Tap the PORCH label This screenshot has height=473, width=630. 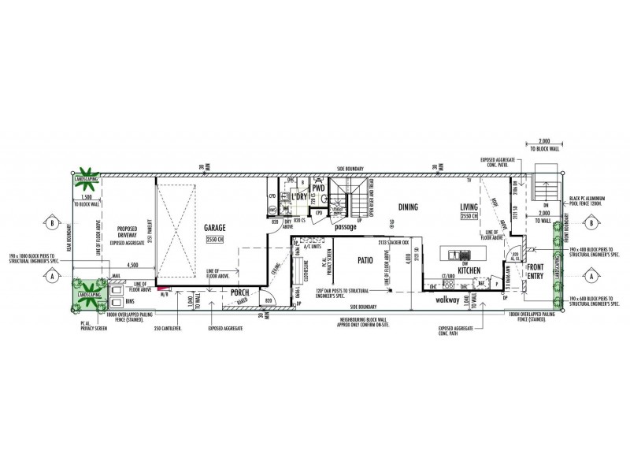(x=239, y=292)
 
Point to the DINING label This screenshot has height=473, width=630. (x=409, y=207)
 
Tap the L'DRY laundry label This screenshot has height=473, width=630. (x=298, y=197)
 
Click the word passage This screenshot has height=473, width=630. (x=345, y=227)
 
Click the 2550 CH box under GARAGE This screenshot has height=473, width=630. (x=216, y=237)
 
